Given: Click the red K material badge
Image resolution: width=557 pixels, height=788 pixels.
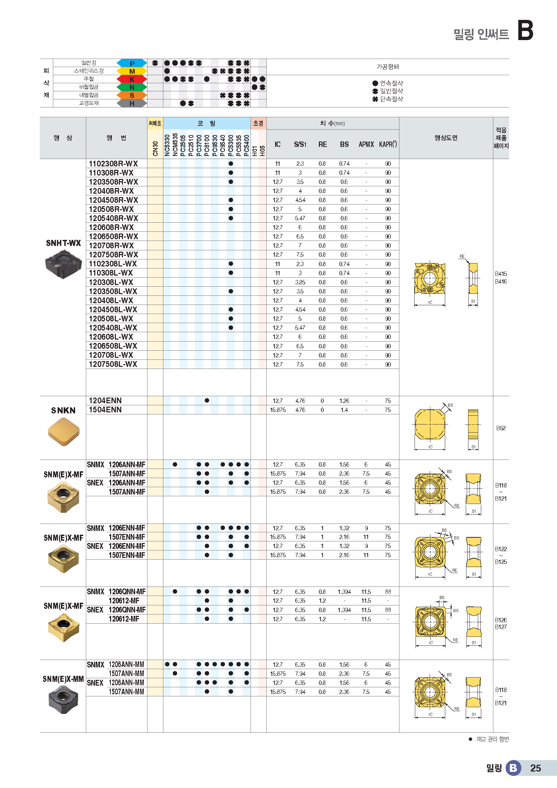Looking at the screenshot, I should click(132, 79).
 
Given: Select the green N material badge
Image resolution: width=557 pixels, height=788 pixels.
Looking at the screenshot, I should click(132, 87).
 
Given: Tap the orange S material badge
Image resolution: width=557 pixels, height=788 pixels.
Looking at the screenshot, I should click(132, 95).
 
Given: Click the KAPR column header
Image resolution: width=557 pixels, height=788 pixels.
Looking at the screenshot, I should click(388, 145).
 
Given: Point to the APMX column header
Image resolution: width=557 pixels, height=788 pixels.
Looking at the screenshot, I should click(366, 145).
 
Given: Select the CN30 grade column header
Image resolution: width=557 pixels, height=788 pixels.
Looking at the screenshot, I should click(155, 148).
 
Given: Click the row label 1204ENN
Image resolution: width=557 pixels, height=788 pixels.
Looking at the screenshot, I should click(105, 401).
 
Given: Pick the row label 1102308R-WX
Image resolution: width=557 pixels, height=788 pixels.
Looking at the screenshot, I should click(113, 164).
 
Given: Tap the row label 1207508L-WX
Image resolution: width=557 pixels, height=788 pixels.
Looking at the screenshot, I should click(113, 364).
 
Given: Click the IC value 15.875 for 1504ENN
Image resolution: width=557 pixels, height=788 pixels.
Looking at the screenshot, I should click(277, 410).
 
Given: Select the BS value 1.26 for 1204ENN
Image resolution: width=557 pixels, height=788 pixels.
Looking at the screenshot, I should click(344, 401).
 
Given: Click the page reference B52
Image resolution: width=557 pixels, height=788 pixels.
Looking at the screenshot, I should click(501, 428).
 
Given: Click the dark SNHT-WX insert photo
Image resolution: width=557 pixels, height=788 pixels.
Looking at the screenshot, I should click(63, 264).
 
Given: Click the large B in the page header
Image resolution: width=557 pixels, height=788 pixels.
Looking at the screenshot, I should click(525, 30).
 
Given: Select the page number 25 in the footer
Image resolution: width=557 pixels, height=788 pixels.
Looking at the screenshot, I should click(535, 768).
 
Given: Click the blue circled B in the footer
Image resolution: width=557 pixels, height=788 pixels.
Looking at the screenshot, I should click(513, 768).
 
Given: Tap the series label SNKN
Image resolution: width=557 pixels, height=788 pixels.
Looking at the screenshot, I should click(63, 410).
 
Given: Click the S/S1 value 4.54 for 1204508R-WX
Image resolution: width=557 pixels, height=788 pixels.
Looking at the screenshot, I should click(300, 200).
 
